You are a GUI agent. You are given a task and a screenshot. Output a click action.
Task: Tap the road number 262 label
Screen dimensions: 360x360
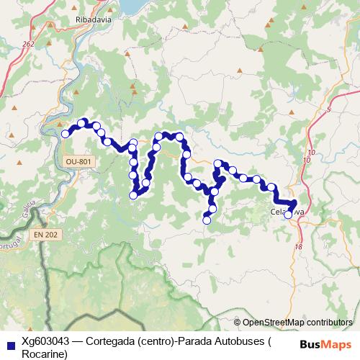[x=28, y=45]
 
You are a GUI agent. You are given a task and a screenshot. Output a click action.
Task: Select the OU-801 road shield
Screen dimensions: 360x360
[x=78, y=162]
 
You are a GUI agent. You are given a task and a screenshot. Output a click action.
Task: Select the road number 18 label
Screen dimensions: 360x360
[x=298, y=247]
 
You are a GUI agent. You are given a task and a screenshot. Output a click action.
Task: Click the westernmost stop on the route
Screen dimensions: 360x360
[x=66, y=133]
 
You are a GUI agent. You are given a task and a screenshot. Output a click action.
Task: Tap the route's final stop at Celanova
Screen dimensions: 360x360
[x=288, y=215]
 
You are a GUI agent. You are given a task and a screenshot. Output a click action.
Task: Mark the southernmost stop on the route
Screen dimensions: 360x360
[x=207, y=220]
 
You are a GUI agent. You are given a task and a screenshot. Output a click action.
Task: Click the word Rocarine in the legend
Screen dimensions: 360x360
[x=45, y=354]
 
